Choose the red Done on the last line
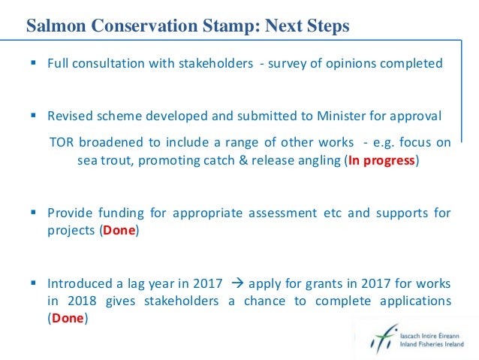(68, 318)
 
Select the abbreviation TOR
(62, 143)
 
